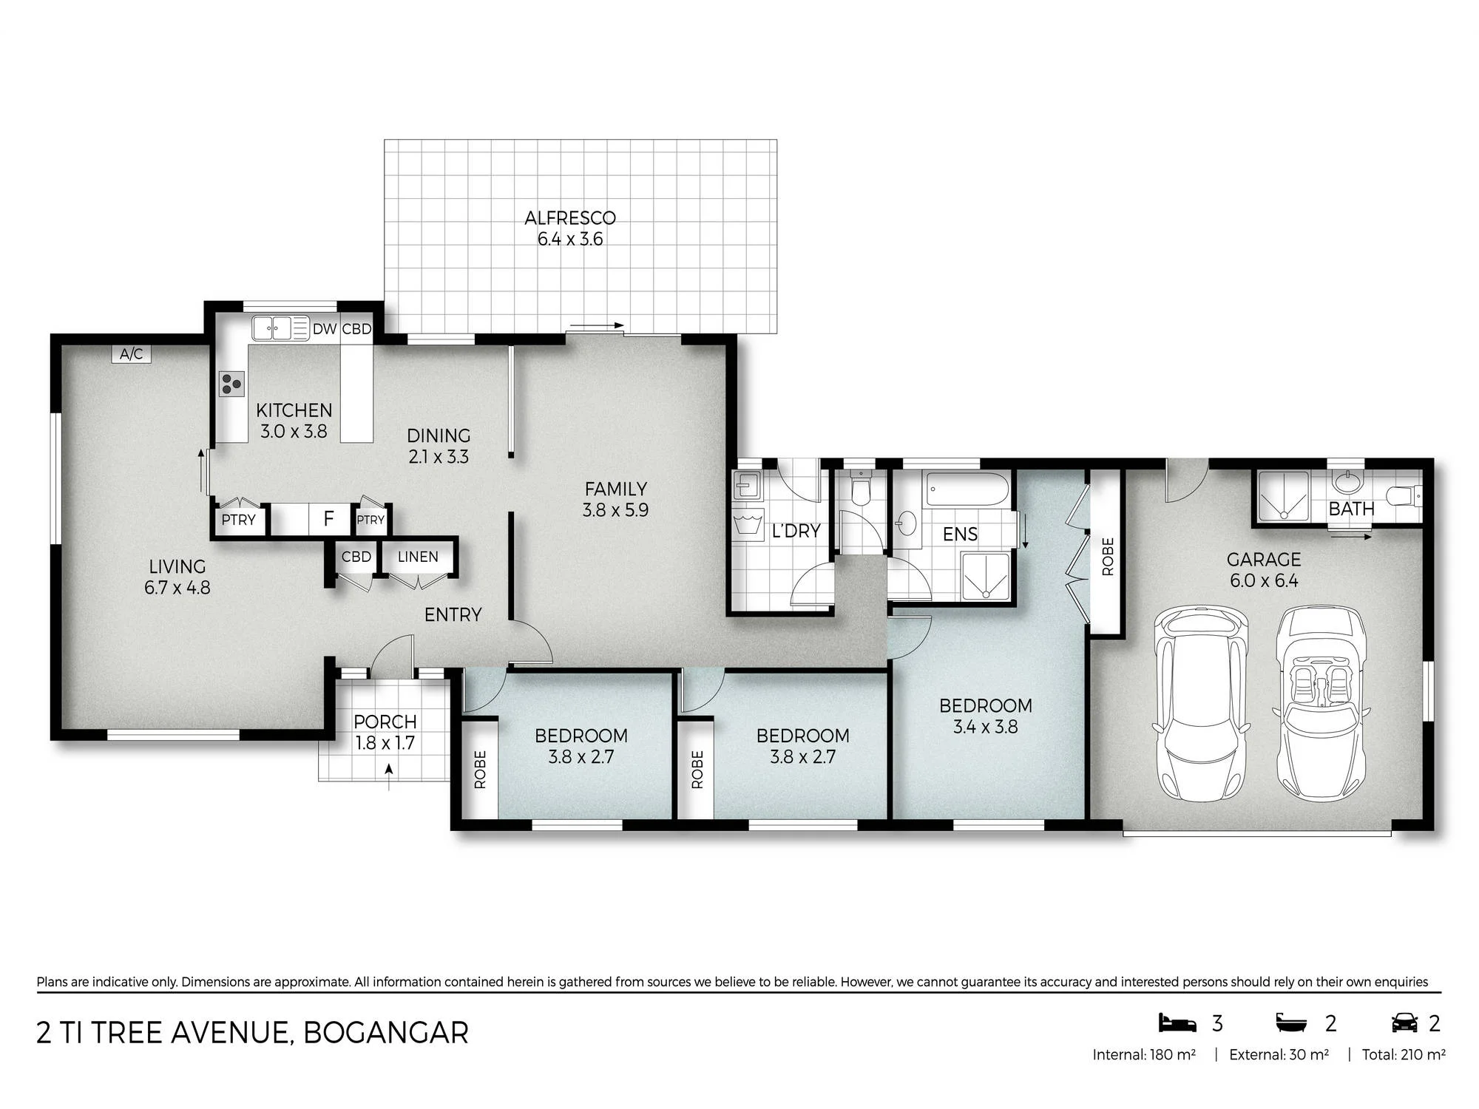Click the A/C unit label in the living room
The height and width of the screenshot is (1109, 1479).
tap(132, 354)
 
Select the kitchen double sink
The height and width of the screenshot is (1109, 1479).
tap(272, 328)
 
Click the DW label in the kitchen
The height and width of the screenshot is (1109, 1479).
tap(325, 329)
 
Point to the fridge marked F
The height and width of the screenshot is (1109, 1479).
tap(329, 518)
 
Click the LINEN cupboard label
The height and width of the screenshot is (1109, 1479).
tap(418, 557)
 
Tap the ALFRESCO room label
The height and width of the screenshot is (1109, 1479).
tap(570, 218)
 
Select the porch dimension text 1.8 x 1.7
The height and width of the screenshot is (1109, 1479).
tap(385, 743)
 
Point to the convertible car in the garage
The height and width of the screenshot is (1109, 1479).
tap(1321, 704)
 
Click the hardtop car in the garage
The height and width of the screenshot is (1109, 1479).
tap(1200, 704)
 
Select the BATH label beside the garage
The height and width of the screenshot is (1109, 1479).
tap(1351, 509)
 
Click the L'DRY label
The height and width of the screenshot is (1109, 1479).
tap(796, 531)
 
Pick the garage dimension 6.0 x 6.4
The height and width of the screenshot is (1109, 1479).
tap(1264, 580)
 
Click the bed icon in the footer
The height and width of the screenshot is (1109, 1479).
tap(1177, 1023)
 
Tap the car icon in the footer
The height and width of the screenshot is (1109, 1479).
tap(1404, 1023)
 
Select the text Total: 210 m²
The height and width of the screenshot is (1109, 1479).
tap(1404, 1055)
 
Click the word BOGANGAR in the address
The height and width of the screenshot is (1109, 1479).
tap(386, 1033)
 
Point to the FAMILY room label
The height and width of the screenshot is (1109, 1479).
tap(615, 489)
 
